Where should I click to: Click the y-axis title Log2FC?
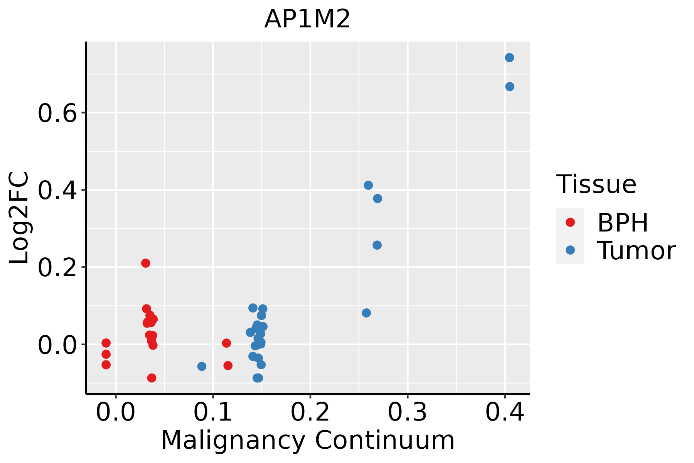tap(19, 218)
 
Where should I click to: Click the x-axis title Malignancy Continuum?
tap(307, 440)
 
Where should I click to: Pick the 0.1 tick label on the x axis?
tap(213, 412)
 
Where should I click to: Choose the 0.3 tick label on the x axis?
tap(407, 412)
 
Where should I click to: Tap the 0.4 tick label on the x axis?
tap(504, 412)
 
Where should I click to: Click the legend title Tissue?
tap(596, 184)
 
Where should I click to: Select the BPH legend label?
tap(623, 223)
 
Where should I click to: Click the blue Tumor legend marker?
tap(570, 250)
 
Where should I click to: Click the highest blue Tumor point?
tap(509, 57)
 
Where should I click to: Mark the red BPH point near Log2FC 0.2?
tap(145, 263)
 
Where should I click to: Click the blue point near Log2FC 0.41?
tap(368, 185)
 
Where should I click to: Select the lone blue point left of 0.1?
tap(202, 366)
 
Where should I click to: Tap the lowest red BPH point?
tap(152, 378)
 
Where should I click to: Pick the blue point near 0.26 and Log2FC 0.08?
tap(366, 313)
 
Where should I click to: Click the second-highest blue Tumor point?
tap(510, 86)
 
